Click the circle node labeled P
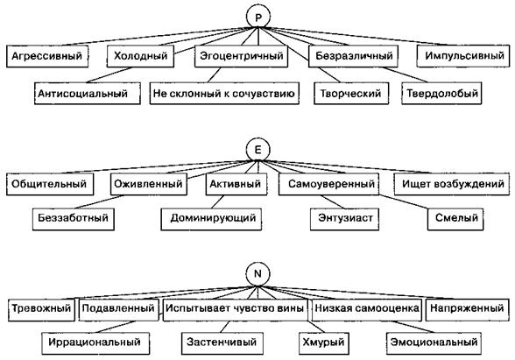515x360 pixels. click(258, 17)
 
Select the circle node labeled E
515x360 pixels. click(257, 150)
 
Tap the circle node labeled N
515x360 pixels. click(257, 274)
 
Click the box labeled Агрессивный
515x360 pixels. click(47, 56)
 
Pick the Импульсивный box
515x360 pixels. click(463, 56)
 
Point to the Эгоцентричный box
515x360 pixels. click(242, 56)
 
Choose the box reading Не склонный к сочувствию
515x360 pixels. click(224, 94)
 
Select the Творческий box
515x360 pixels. click(351, 94)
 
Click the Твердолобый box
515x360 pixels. click(441, 94)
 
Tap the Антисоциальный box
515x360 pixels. click(88, 94)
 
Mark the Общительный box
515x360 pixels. click(50, 184)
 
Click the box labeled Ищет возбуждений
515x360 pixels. click(452, 184)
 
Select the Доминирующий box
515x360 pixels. click(211, 218)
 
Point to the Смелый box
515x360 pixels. click(455, 218)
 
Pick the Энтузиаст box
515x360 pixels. click(344, 218)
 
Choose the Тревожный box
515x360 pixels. click(41, 309)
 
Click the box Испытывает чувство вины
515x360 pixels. click(235, 309)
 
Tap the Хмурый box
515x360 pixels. click(323, 343)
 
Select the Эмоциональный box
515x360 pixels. click(434, 343)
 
